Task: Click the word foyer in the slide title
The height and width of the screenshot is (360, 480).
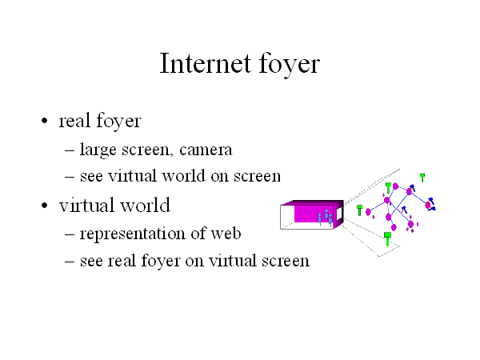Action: tap(290, 64)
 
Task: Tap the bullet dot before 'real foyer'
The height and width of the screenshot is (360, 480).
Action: tap(45, 121)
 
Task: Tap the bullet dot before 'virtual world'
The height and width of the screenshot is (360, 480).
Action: tap(45, 206)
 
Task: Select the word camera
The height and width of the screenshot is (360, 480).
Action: tap(206, 150)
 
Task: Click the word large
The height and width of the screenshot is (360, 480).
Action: tap(98, 150)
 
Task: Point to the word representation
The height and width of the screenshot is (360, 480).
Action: tap(132, 234)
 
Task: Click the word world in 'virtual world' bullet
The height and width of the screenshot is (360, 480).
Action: tap(145, 205)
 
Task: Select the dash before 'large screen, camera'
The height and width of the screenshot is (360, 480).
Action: tap(70, 150)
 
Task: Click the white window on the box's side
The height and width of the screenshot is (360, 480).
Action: tap(339, 214)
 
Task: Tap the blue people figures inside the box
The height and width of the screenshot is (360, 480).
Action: tap(325, 217)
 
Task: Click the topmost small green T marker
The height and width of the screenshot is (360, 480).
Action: tap(422, 178)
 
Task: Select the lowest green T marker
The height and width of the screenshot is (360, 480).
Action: tap(387, 238)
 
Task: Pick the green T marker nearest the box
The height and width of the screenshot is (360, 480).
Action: tap(360, 210)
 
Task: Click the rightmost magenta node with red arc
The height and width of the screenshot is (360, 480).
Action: tap(428, 205)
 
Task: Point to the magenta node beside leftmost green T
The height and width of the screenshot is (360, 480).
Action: tap(368, 212)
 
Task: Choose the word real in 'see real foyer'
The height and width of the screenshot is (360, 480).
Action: tap(122, 261)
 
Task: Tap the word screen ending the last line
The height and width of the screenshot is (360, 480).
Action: tap(286, 261)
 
